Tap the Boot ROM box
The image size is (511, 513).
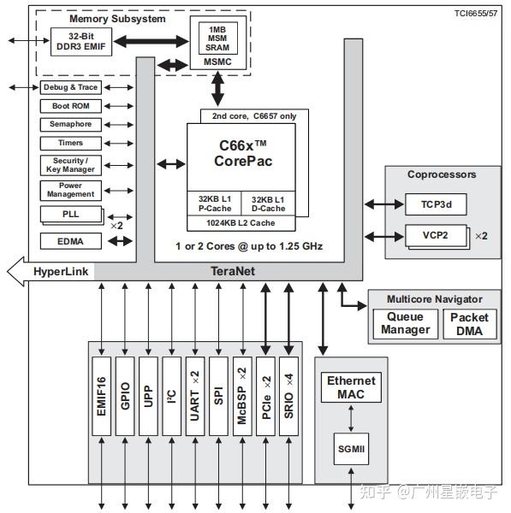point(70,106)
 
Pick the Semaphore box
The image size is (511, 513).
point(70,124)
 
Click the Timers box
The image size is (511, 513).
point(70,143)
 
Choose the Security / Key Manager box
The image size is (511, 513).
point(70,165)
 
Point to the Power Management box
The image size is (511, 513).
point(70,190)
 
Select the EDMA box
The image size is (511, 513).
point(70,242)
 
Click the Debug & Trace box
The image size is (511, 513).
point(70,87)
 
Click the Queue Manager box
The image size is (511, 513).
point(406,323)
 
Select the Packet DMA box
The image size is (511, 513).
point(469,323)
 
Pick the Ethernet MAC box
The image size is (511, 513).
point(351,388)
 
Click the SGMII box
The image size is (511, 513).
point(351,447)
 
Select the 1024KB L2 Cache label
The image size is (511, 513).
point(241,222)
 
